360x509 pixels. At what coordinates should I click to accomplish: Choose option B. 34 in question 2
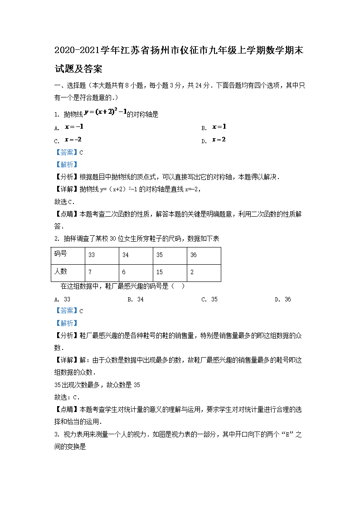coord(136,299)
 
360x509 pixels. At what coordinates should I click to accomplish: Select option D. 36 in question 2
coord(283,299)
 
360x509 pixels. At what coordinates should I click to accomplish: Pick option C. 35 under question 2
coord(209,299)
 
